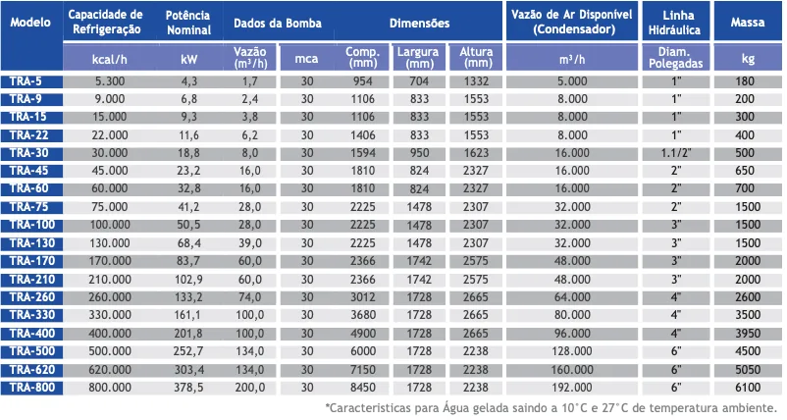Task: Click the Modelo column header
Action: coord(30,22)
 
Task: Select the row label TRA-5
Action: coord(26,81)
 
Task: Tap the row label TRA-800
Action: coord(32,388)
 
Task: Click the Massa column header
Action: coord(748,22)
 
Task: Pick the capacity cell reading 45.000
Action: coord(110,171)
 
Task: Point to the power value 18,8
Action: coord(188,153)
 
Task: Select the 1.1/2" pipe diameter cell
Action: coord(676,153)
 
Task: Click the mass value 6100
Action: coord(748,388)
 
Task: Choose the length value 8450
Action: coord(363,388)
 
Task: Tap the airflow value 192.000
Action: coord(572,388)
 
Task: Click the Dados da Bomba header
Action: coord(278,24)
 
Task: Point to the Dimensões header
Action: coord(420,24)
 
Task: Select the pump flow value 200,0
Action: coord(250,388)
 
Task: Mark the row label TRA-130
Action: coord(32,243)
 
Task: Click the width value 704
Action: coord(419,81)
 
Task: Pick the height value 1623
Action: coord(476,153)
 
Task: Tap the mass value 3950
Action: coord(748,334)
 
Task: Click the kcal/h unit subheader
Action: coord(110,60)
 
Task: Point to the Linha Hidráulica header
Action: coord(675,23)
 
